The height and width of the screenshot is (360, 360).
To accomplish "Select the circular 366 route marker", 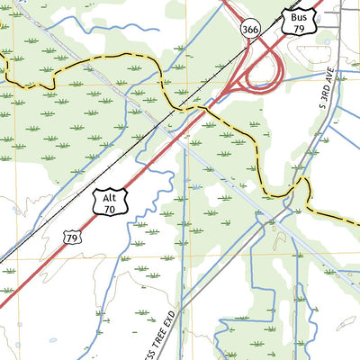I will [249, 29].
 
